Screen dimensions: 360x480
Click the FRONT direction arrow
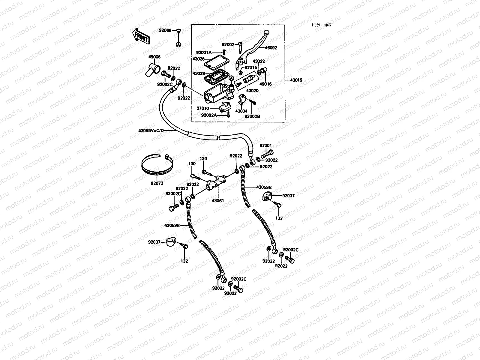(x=141, y=36)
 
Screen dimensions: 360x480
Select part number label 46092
(x=271, y=48)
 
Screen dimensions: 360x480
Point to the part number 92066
(x=165, y=30)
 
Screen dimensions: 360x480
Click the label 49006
(x=154, y=57)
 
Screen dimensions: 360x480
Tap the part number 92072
(x=157, y=183)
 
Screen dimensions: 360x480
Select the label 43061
(x=218, y=200)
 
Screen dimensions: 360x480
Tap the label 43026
(x=198, y=59)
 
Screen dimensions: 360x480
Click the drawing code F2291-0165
(x=321, y=25)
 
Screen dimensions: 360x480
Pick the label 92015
(x=251, y=67)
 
